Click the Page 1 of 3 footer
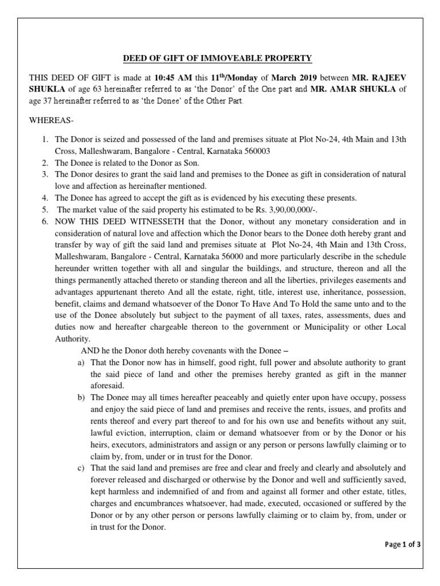(403, 544)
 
